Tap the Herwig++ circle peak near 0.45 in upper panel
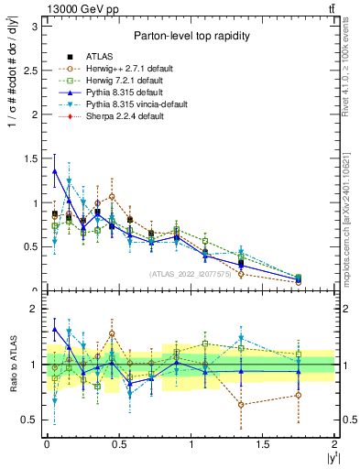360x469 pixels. coord(112,196)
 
